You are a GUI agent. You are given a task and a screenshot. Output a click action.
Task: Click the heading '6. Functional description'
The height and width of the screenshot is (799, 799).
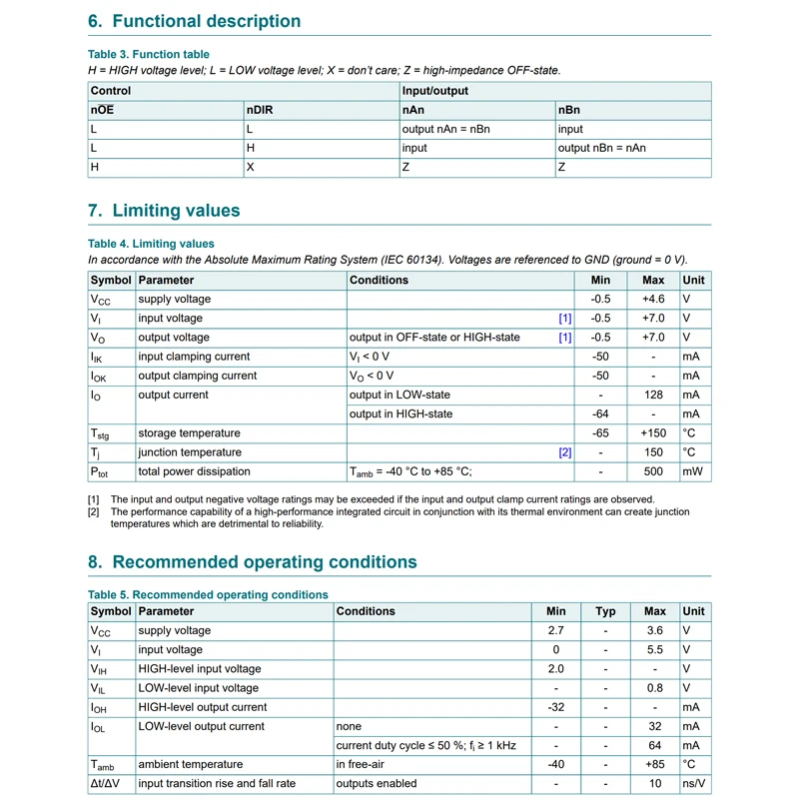(x=194, y=21)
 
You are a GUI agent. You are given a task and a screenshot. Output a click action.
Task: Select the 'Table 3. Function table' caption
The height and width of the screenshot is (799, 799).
(x=149, y=54)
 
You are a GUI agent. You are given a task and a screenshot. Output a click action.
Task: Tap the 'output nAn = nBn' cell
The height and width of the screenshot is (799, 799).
(x=445, y=129)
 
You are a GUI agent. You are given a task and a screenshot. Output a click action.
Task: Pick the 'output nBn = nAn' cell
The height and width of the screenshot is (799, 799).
(x=602, y=148)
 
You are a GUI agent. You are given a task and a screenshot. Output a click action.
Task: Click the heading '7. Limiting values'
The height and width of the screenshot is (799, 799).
(x=164, y=211)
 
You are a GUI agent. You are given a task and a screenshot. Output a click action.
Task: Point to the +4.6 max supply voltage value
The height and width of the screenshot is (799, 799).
(x=653, y=299)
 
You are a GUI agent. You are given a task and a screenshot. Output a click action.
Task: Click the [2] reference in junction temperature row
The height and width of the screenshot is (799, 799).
(x=565, y=452)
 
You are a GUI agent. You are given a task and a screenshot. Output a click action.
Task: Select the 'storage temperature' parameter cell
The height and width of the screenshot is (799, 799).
(x=189, y=433)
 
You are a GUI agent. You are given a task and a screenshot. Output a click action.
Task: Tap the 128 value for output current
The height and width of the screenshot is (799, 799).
(x=653, y=395)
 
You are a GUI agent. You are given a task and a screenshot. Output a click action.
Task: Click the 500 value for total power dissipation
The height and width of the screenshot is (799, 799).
(x=653, y=471)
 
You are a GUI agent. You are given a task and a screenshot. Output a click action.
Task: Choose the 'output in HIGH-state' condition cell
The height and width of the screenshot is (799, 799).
(x=400, y=413)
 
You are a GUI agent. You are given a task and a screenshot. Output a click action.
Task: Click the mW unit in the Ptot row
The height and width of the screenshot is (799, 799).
(x=692, y=471)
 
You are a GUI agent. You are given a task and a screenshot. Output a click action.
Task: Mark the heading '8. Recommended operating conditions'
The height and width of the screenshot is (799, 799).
(x=253, y=562)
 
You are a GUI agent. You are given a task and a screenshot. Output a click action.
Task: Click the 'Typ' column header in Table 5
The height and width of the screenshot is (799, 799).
(x=605, y=611)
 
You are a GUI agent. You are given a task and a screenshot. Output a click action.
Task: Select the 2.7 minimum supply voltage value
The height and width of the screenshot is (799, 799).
(x=556, y=630)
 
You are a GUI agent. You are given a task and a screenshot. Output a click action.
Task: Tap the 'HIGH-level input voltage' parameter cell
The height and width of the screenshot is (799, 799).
(x=199, y=668)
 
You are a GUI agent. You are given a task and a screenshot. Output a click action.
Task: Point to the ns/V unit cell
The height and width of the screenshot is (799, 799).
(x=693, y=783)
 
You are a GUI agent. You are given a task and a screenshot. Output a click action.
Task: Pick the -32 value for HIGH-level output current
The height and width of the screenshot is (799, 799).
(x=556, y=706)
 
